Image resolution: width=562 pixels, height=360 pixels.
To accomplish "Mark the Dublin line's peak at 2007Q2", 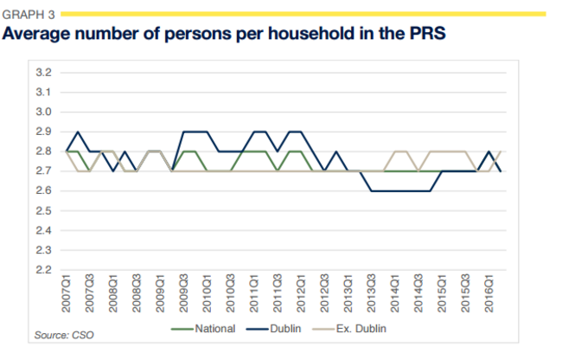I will [79, 132].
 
